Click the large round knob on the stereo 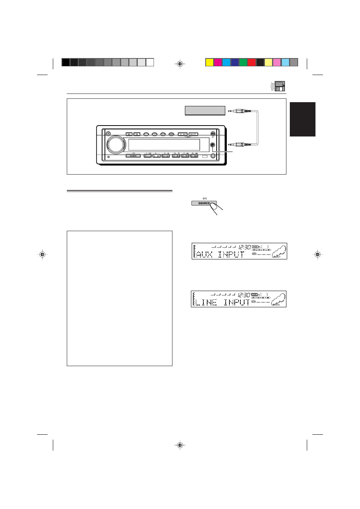116,145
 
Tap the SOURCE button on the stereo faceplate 133,156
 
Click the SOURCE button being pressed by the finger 204,203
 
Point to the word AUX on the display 205,254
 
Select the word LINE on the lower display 206,302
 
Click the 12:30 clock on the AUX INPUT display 245,247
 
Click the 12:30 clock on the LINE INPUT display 244,295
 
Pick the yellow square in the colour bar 209,63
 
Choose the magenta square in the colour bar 218,63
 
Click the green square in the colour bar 243,63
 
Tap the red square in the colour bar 252,63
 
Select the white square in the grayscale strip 150,63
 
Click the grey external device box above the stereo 205,110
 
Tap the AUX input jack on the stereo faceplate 213,145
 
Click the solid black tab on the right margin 302,119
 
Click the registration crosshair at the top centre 180,64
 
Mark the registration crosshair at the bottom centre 180,445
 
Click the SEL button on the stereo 129,134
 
